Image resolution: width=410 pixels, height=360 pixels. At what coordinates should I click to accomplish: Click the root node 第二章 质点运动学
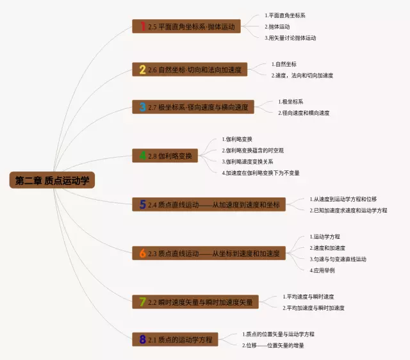53,181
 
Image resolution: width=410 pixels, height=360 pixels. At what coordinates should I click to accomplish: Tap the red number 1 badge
142,26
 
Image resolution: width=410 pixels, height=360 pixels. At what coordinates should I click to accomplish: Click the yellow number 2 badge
142,69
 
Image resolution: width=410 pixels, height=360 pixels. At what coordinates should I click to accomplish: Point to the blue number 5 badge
142,204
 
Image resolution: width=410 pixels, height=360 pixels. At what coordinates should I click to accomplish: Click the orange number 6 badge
142,253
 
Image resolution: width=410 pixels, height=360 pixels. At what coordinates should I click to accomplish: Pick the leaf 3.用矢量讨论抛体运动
290,38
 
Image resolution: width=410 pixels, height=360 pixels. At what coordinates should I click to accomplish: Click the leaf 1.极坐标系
291,101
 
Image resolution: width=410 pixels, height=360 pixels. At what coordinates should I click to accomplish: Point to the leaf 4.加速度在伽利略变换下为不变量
260,173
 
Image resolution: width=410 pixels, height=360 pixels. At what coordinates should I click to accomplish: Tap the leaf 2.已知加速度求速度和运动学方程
348,210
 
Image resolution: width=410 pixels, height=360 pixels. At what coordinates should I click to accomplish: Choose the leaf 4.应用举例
322,270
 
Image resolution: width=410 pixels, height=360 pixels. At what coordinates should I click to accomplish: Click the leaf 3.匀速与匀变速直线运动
338,259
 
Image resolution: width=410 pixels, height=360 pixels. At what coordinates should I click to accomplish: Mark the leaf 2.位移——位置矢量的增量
274,345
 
